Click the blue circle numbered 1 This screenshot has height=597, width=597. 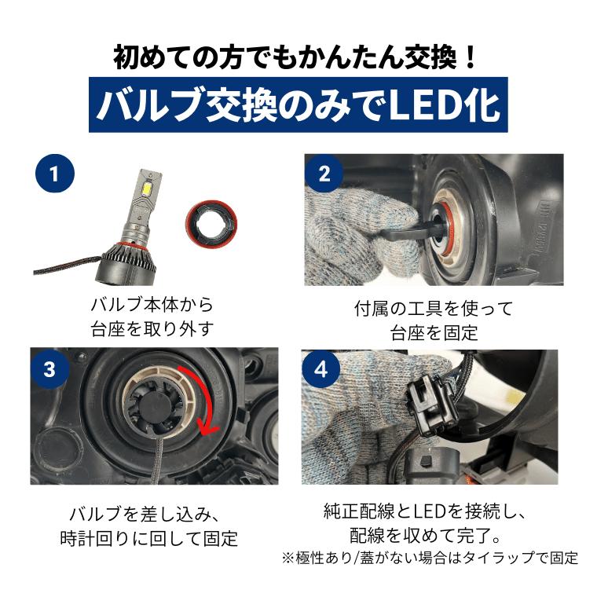55,174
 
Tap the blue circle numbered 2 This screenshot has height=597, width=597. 324,174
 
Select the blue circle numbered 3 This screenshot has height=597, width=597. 49,369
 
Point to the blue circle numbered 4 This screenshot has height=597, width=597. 321,369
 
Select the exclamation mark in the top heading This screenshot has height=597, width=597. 471,58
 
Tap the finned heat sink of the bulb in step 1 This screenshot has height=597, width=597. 126,262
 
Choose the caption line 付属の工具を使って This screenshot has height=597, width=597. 434,309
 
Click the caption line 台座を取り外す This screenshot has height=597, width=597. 152,329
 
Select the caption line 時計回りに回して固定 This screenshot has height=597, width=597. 149,538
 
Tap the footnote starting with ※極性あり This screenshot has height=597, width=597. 430,559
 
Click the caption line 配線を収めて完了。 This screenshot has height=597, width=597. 425,535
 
